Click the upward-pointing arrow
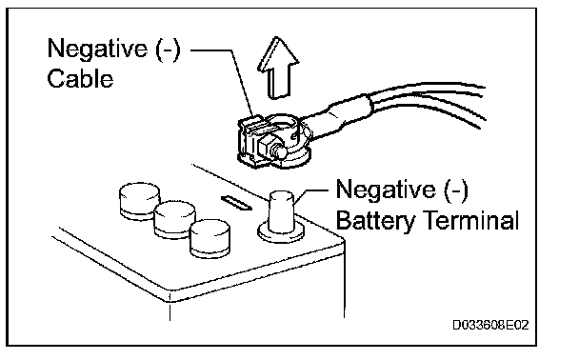coord(278,69)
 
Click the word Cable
coord(80,79)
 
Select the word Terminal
coord(472,220)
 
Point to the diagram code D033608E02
coord(490,325)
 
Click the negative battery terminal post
coord(281,212)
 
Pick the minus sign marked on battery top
coord(236,203)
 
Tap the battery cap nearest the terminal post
coord(210,238)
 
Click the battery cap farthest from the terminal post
coord(140,201)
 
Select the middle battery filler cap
coord(174,219)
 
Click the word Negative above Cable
coord(97,49)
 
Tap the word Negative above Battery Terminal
coord(386,190)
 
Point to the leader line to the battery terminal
coord(310,194)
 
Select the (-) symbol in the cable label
coord(168,50)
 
